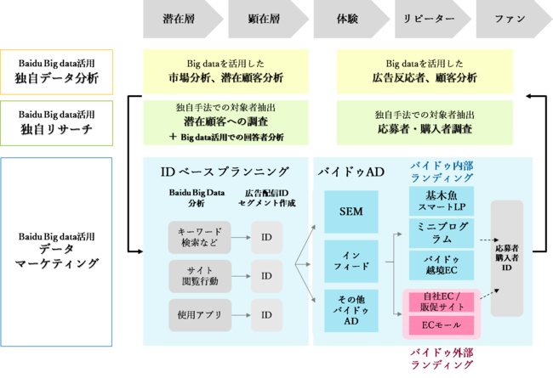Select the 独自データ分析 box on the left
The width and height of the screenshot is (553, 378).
[56, 71]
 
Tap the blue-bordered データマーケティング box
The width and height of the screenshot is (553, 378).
[56, 251]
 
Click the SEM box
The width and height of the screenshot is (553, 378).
[351, 212]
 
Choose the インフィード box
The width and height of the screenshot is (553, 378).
[351, 260]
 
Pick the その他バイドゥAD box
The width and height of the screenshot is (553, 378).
[351, 309]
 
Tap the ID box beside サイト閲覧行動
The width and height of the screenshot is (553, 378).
[266, 275]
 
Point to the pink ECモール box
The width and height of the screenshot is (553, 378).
[442, 325]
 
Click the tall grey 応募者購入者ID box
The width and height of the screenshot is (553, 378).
[507, 257]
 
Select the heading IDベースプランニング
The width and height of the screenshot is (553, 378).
[225, 172]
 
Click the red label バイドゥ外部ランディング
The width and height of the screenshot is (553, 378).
[442, 357]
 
